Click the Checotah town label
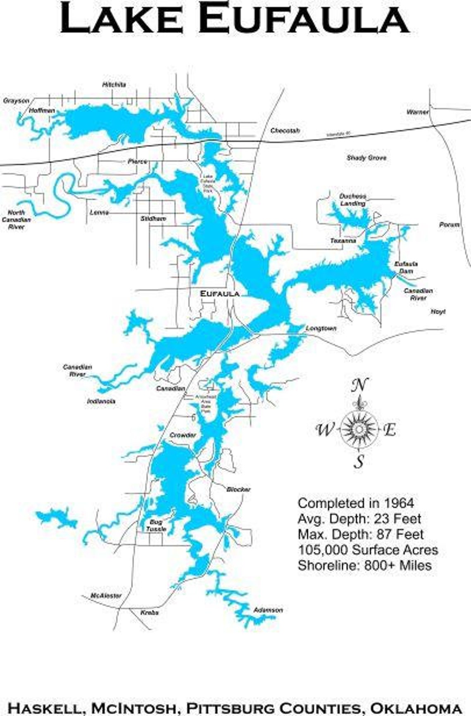[x=285, y=130]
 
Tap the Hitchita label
[x=114, y=85]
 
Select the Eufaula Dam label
[x=406, y=267]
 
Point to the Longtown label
[x=321, y=328]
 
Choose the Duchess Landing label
[x=353, y=200]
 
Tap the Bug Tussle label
[x=156, y=526]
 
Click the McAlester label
[x=106, y=596]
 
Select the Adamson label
[x=268, y=610]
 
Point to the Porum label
[x=449, y=225]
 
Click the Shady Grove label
[x=366, y=158]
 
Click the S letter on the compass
[x=359, y=462]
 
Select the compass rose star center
[x=359, y=429]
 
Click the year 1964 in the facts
[x=399, y=503]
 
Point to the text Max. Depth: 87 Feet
[x=360, y=534]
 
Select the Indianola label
[x=101, y=401]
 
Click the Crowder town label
[x=183, y=435]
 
